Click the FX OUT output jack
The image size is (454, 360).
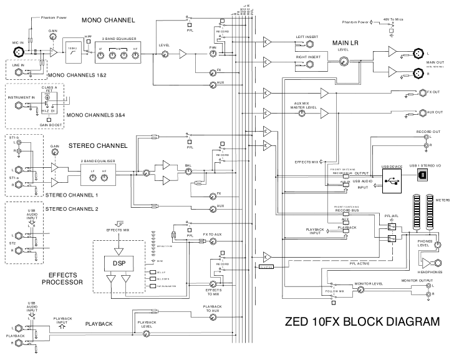412,93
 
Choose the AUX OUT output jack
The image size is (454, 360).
412,112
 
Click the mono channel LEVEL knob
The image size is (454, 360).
165,55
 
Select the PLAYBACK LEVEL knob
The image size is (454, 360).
147,333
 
